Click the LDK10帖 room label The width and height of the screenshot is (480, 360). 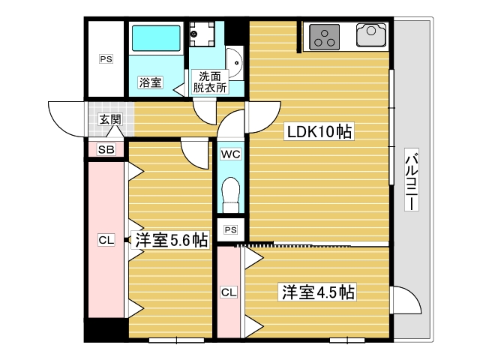tap(318, 133)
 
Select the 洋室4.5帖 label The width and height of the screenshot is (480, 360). tap(318, 291)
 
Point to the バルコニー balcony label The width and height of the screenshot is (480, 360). tap(411, 180)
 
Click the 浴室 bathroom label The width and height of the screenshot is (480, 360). tap(150, 82)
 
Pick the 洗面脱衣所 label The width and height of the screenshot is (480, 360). tap(209, 81)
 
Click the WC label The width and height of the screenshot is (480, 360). tap(229, 154)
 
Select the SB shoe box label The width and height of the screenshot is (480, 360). tap(106, 150)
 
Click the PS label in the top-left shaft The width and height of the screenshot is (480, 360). tap(106, 58)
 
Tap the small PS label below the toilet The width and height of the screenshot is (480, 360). tap(230, 229)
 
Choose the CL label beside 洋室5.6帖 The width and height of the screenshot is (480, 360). tap(106, 240)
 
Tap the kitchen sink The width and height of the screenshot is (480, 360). tap(371, 35)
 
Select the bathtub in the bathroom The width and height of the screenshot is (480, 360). tap(156, 37)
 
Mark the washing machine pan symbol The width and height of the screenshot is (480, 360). tap(202, 33)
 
